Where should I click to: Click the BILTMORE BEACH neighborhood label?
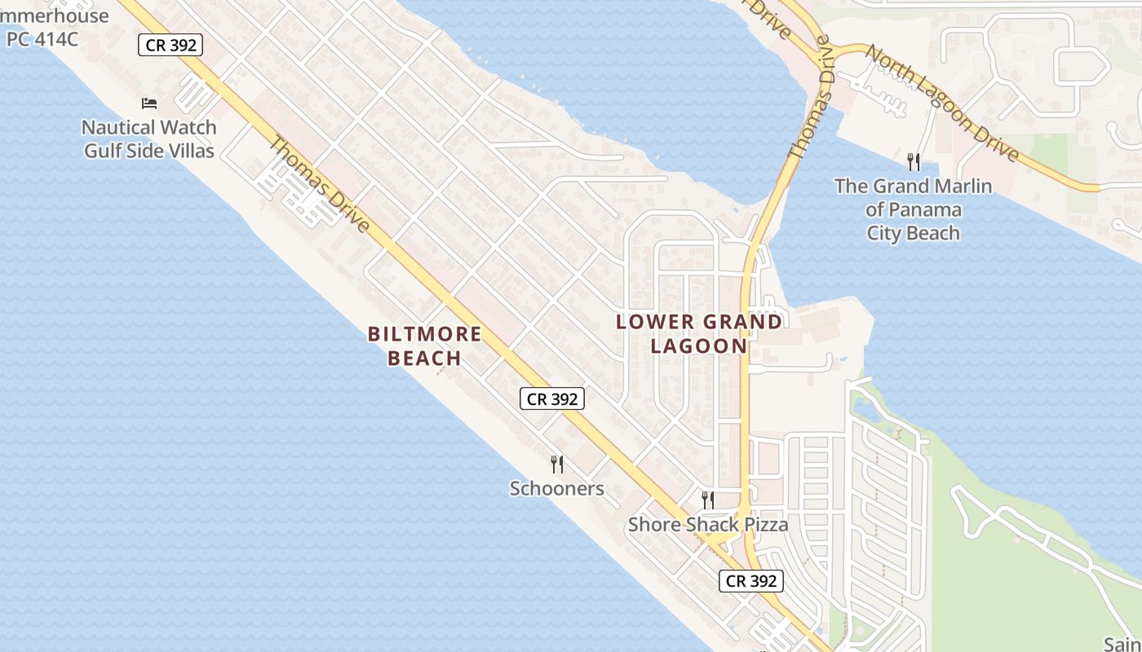tap(424, 346)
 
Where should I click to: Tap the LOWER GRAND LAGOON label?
tap(699, 333)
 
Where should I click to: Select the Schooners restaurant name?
tap(556, 488)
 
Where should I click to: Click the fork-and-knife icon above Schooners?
tap(557, 465)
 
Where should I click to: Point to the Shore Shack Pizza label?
tap(708, 524)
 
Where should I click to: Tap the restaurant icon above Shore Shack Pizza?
tap(708, 500)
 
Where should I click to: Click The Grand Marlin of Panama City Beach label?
tap(913, 209)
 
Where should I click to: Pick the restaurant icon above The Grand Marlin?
tap(914, 161)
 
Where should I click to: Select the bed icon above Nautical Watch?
tap(149, 104)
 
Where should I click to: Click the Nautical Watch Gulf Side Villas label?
tap(150, 139)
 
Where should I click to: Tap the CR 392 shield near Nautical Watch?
tap(170, 45)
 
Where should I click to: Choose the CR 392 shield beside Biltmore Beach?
tap(552, 399)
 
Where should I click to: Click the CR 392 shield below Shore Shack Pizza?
tap(751, 581)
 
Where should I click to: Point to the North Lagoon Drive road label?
tap(941, 103)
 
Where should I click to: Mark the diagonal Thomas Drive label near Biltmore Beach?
tap(320, 184)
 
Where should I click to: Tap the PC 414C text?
tap(42, 37)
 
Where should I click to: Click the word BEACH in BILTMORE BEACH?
tap(424, 358)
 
